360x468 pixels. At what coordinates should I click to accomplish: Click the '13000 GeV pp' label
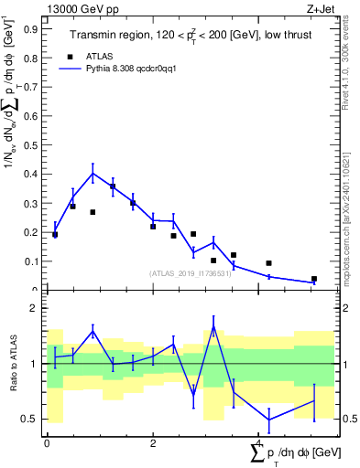click(x=76, y=7)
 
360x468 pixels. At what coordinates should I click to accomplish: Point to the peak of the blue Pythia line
click(x=93, y=173)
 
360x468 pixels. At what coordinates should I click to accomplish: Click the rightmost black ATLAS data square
click(x=313, y=279)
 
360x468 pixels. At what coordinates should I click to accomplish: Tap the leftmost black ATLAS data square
click(x=55, y=235)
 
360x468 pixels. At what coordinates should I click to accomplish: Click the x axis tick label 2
click(x=152, y=442)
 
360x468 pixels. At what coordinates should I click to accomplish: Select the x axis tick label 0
click(x=47, y=442)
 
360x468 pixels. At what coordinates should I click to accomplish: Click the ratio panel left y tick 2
click(x=34, y=309)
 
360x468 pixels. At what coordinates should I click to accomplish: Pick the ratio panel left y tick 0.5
click(x=31, y=420)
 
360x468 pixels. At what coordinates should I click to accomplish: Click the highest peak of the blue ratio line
click(x=213, y=326)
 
